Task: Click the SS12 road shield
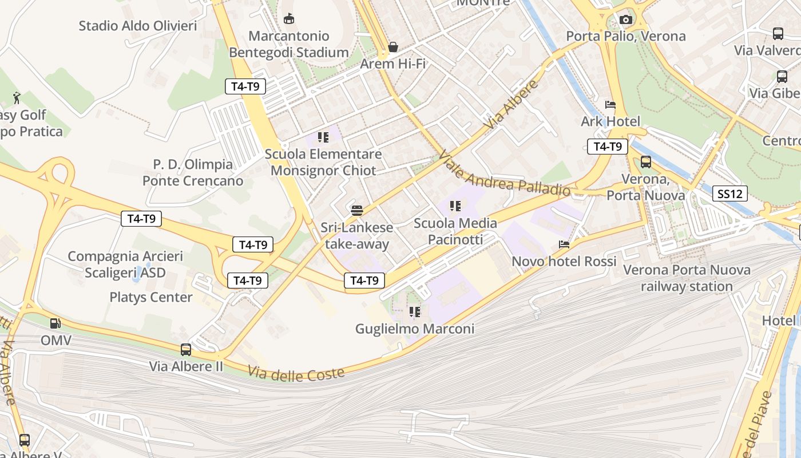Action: coord(730,194)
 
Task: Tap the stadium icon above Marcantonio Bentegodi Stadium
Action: coord(289,19)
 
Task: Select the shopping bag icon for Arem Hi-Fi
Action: coord(393,46)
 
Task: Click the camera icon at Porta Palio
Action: coord(626,20)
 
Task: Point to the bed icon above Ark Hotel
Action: coord(610,105)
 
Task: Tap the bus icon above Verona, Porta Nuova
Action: coord(646,162)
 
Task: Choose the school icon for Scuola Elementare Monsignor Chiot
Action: coord(323,137)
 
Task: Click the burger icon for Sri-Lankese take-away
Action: coord(357,210)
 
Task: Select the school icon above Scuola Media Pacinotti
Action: coord(455,206)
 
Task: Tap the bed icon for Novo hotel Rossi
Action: coord(564,244)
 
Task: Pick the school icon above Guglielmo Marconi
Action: coord(415,312)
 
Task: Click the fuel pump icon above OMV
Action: coord(55,323)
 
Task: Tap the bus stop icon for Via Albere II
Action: coord(186,349)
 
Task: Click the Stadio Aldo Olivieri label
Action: coord(138,26)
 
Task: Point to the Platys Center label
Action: coord(151,297)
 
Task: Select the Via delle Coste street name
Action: coord(296,373)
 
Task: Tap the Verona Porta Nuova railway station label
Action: coord(687,278)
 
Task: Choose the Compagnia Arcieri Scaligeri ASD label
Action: coord(125,264)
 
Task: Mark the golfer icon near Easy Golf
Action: coord(17,97)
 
